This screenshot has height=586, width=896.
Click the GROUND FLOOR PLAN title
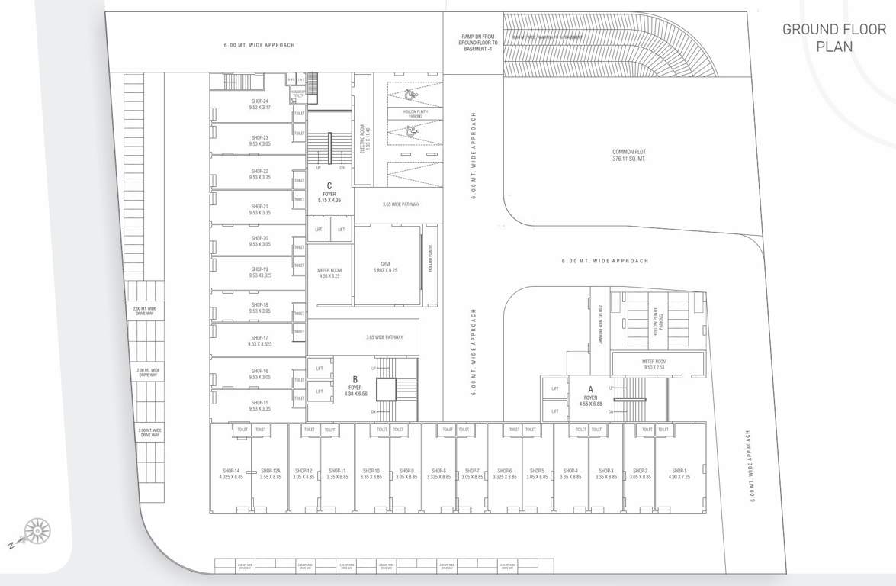click(834, 37)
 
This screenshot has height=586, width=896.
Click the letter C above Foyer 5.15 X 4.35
click(329, 185)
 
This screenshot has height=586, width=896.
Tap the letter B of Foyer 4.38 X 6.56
click(355, 378)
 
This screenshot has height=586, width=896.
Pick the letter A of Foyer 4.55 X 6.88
click(590, 388)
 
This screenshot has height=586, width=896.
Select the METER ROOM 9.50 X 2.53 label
click(654, 364)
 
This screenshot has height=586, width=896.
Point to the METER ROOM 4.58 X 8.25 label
click(329, 273)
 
